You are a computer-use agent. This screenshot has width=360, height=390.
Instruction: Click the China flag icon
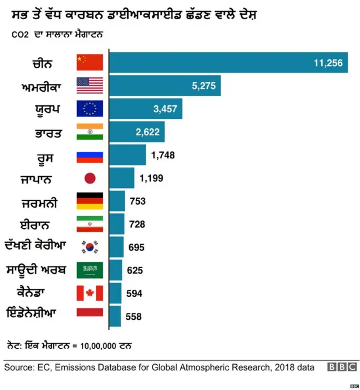pyautogui.click(x=89, y=62)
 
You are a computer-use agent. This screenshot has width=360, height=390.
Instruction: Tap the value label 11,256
pyautogui.click(x=328, y=63)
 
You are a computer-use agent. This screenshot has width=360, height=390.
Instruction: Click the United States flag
pyautogui.click(x=89, y=86)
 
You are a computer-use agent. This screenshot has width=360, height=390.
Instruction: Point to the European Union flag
pyautogui.click(x=89, y=109)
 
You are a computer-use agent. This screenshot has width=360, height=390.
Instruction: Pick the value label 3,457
pyautogui.click(x=165, y=109)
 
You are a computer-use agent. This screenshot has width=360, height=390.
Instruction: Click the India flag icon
pyautogui.click(x=89, y=132)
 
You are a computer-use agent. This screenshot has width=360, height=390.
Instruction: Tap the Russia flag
pyautogui.click(x=89, y=155)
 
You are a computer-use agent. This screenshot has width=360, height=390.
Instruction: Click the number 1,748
pyautogui.click(x=163, y=155)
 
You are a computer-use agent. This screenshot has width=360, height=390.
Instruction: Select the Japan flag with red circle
pyautogui.click(x=89, y=178)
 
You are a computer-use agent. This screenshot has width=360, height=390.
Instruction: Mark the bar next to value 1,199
pyautogui.click(x=121, y=178)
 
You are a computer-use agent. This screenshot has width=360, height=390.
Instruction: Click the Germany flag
pyautogui.click(x=89, y=201)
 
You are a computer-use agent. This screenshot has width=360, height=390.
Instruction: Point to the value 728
pyautogui.click(x=137, y=225)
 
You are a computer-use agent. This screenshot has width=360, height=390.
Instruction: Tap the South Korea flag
pyautogui.click(x=89, y=247)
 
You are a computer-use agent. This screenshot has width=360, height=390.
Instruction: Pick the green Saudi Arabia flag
pyautogui.click(x=89, y=270)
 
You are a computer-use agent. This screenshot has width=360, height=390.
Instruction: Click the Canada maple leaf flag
pyautogui.click(x=89, y=293)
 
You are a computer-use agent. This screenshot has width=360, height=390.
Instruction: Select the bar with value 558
pyautogui.click(x=115, y=316)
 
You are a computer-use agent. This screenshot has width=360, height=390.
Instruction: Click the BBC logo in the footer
pyautogui.click(x=342, y=367)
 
